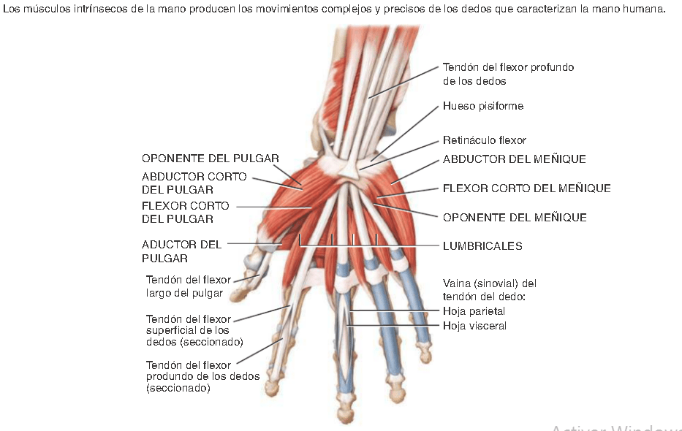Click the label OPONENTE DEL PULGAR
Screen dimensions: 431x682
pyautogui.click(x=210, y=159)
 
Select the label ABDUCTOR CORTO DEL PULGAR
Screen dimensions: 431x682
pyautogui.click(x=194, y=183)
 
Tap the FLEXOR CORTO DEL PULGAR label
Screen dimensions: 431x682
pyautogui.click(x=185, y=212)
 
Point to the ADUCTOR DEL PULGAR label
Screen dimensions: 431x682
pyautogui.click(x=181, y=251)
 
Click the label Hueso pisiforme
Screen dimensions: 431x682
pyautogui.click(x=482, y=106)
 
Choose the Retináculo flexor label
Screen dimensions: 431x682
pyautogui.click(x=484, y=140)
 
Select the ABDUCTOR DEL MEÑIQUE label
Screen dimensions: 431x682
pyautogui.click(x=514, y=159)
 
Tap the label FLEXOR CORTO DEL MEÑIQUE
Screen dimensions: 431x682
pyautogui.click(x=526, y=188)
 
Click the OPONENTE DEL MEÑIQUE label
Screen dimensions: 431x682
pyautogui.click(x=515, y=218)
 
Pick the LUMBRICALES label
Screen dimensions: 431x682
pyautogui.click(x=482, y=246)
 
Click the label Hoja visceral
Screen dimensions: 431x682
pyautogui.click(x=474, y=326)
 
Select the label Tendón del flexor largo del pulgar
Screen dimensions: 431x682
pyautogui.click(x=189, y=286)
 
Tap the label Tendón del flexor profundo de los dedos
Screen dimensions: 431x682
pyautogui.click(x=508, y=74)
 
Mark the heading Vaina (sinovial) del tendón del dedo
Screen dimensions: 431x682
pyautogui.click(x=490, y=289)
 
